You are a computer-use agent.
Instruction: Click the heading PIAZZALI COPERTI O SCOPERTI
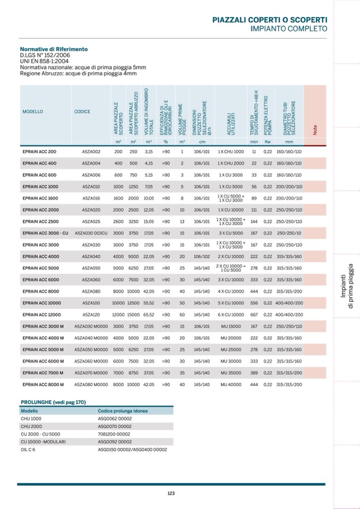tap(269, 20)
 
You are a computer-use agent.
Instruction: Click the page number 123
tap(171, 493)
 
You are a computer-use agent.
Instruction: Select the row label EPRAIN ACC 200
tap(39, 152)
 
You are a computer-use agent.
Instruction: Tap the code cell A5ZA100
tap(91, 303)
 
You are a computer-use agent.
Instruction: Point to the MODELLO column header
tap(33, 112)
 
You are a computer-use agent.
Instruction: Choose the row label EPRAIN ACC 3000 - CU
tap(46, 233)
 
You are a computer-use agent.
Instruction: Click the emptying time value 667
tap(254, 314)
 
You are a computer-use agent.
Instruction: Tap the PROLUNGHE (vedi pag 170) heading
tap(53, 402)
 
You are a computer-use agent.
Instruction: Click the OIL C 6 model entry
tap(28, 450)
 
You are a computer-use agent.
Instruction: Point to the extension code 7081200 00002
tap(114, 434)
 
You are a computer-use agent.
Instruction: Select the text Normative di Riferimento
tap(54, 49)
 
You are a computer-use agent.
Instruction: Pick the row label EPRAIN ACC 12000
tap(42, 314)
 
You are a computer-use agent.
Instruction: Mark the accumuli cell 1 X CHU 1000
tap(231, 152)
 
